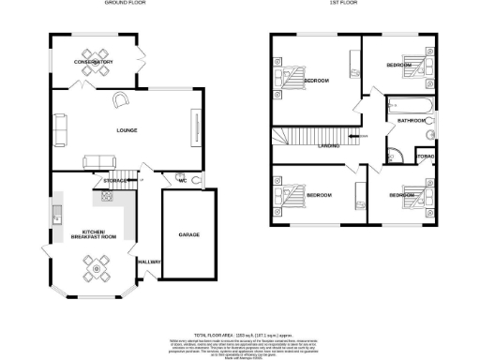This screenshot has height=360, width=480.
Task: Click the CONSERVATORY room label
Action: click(94, 62)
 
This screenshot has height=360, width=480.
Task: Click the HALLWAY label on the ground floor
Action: click(148, 262)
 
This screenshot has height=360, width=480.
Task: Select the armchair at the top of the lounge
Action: click(121, 98)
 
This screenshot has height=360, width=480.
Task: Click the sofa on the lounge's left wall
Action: click(59, 128)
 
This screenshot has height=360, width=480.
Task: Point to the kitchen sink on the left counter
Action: click(56, 217)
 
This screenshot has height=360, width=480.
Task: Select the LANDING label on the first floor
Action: click(328, 145)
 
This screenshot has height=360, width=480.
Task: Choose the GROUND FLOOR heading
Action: click(124, 5)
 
